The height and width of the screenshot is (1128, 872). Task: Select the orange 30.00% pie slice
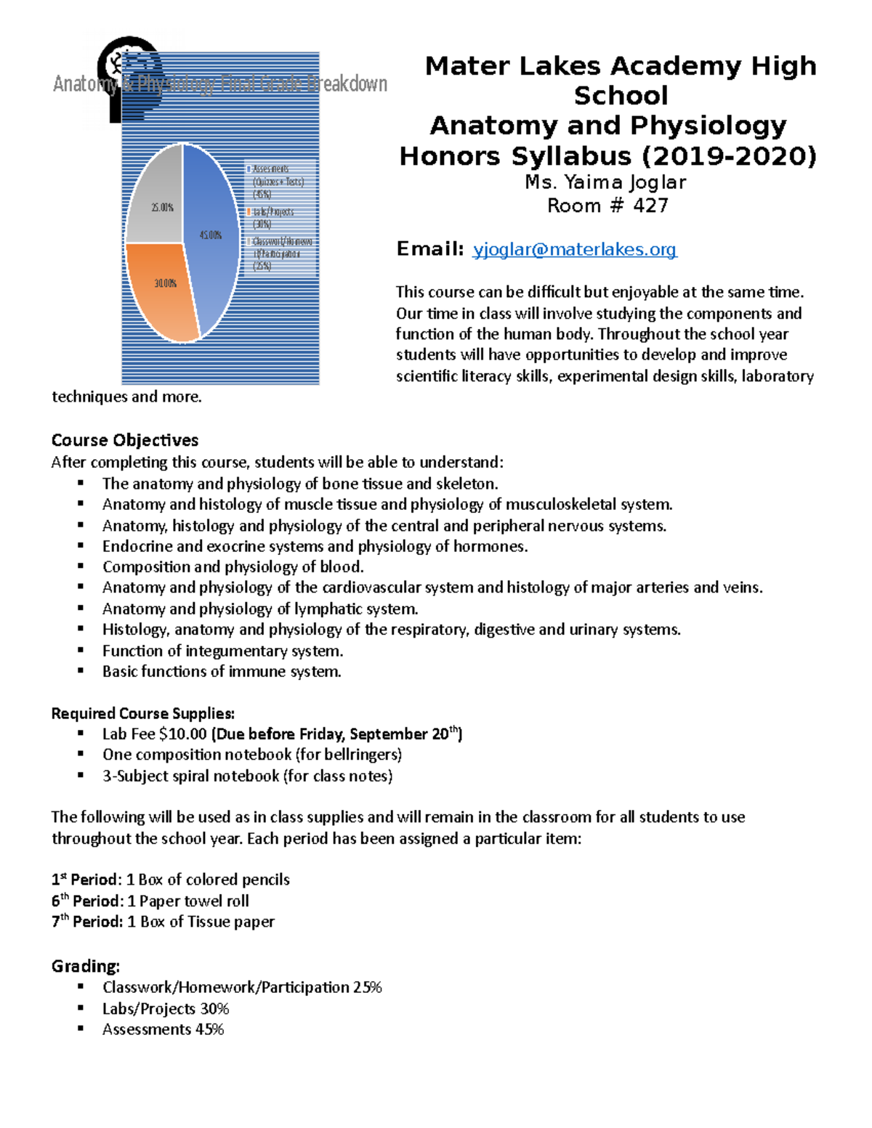click(x=164, y=291)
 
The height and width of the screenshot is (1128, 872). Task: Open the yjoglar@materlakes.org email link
click(x=574, y=250)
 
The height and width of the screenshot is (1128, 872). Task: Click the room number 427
click(x=650, y=206)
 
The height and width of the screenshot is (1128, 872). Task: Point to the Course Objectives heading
click(x=125, y=440)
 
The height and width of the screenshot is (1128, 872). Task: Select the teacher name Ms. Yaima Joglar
click(x=605, y=182)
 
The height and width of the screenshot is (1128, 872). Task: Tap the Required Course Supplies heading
click(x=142, y=713)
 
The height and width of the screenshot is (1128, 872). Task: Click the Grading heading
click(x=85, y=966)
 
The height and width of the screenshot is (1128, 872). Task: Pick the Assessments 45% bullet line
click(x=163, y=1029)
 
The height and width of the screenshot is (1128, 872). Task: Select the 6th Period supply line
click(x=150, y=901)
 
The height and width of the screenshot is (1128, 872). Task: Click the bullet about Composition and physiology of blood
click(x=233, y=567)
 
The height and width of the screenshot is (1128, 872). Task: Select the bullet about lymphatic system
click(x=259, y=609)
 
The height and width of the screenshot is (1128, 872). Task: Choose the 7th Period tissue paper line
click(x=163, y=922)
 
